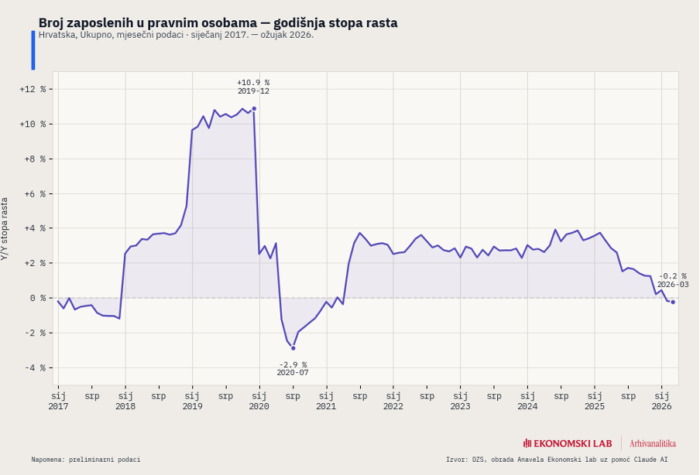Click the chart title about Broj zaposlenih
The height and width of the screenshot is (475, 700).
click(x=218, y=22)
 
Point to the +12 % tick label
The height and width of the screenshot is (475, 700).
click(x=33, y=89)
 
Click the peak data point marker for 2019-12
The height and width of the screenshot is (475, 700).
click(x=254, y=109)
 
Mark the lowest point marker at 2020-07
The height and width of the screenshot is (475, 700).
click(x=293, y=348)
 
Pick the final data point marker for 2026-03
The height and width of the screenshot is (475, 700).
click(x=673, y=302)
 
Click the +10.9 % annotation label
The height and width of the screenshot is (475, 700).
click(x=253, y=83)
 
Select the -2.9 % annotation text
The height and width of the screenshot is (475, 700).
click(x=293, y=364)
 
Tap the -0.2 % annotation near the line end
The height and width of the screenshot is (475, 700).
click(x=672, y=276)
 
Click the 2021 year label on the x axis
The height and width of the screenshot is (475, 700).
click(x=326, y=406)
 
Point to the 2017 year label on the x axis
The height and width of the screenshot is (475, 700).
click(x=58, y=406)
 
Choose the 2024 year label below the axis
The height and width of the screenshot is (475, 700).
click(x=527, y=406)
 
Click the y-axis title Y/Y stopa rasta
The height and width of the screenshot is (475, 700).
click(x=5, y=228)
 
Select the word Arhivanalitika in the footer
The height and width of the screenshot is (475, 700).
click(x=653, y=443)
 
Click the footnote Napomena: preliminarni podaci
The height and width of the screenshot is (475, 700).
click(x=86, y=460)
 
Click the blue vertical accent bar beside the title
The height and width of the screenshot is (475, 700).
click(x=33, y=50)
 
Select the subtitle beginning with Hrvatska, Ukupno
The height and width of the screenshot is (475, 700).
click(x=176, y=36)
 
